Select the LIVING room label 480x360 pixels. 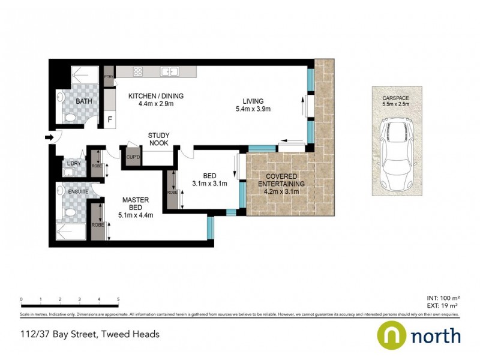(253, 105)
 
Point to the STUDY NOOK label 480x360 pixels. (158, 139)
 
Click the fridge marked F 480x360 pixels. (110, 119)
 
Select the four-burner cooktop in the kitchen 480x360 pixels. (137, 72)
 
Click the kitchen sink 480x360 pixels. (169, 72)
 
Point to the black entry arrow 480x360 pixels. (49, 139)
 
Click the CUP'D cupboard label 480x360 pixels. (132, 157)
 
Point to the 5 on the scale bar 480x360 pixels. (118, 299)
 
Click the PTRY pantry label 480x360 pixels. (109, 77)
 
